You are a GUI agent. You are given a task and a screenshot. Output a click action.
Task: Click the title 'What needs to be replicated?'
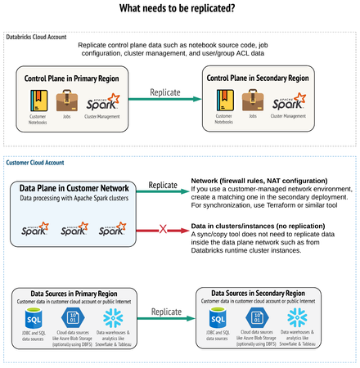(178, 9)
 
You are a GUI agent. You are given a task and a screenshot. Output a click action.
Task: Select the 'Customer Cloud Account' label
(37, 163)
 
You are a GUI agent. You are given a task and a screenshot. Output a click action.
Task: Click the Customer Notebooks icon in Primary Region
(38, 101)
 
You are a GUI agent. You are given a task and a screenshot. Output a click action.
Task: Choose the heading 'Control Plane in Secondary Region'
(257, 79)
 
